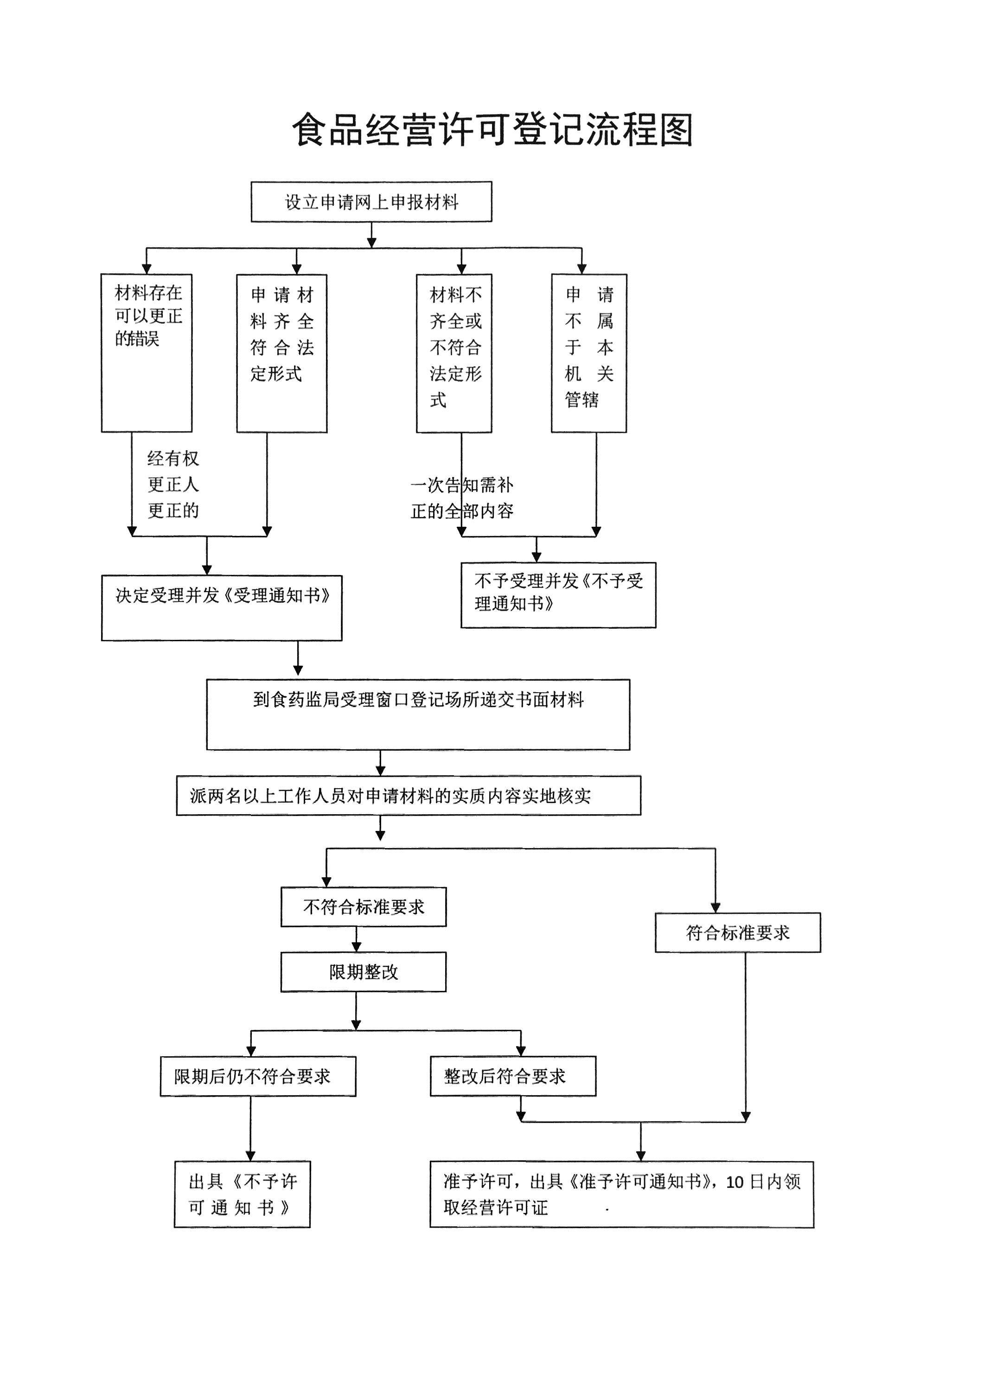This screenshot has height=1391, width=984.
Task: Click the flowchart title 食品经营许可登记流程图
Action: [492, 130]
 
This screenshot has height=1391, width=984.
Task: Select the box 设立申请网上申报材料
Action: [371, 202]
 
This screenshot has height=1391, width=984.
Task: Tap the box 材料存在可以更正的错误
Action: [147, 352]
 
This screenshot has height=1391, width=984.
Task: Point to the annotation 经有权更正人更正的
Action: [173, 485]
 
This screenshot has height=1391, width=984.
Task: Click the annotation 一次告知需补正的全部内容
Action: [462, 498]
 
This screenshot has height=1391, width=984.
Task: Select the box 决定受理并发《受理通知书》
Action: [222, 608]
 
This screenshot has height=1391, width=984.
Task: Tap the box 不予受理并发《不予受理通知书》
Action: [558, 595]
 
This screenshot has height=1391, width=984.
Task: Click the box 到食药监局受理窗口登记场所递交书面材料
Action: [418, 715]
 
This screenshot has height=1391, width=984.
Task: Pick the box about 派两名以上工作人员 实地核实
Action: [409, 796]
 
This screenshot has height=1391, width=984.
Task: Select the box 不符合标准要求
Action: [364, 907]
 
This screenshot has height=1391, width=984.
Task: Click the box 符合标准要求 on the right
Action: [737, 932]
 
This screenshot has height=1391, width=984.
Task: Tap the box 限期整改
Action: [364, 972]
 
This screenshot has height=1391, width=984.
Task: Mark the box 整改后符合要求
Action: [512, 1076]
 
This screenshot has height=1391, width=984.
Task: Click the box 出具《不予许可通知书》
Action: [243, 1194]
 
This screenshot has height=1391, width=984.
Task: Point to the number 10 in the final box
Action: [735, 1182]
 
